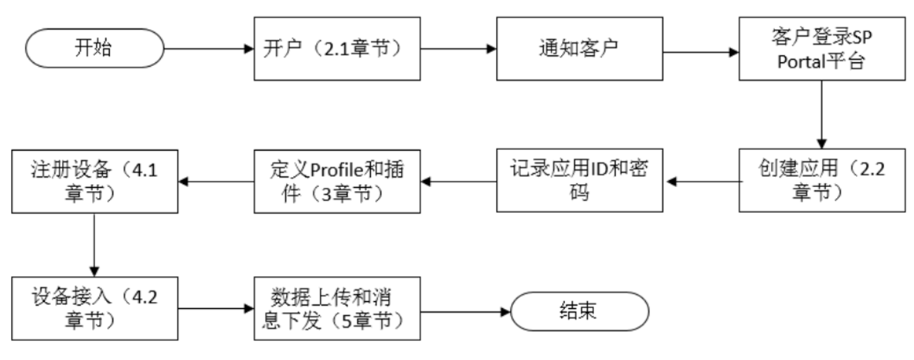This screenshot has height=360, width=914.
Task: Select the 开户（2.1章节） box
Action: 337,48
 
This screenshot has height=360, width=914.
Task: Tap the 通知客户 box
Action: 578,48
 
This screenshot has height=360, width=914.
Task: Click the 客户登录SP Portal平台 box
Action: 820,48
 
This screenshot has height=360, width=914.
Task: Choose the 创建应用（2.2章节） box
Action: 820,181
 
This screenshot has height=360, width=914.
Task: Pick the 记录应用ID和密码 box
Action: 578,181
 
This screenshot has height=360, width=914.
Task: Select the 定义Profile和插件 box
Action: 337,181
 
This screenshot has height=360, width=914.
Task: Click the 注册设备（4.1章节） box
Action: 94,181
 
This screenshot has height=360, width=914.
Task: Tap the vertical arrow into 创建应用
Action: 820,114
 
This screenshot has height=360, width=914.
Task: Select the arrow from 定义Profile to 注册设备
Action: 215,181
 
